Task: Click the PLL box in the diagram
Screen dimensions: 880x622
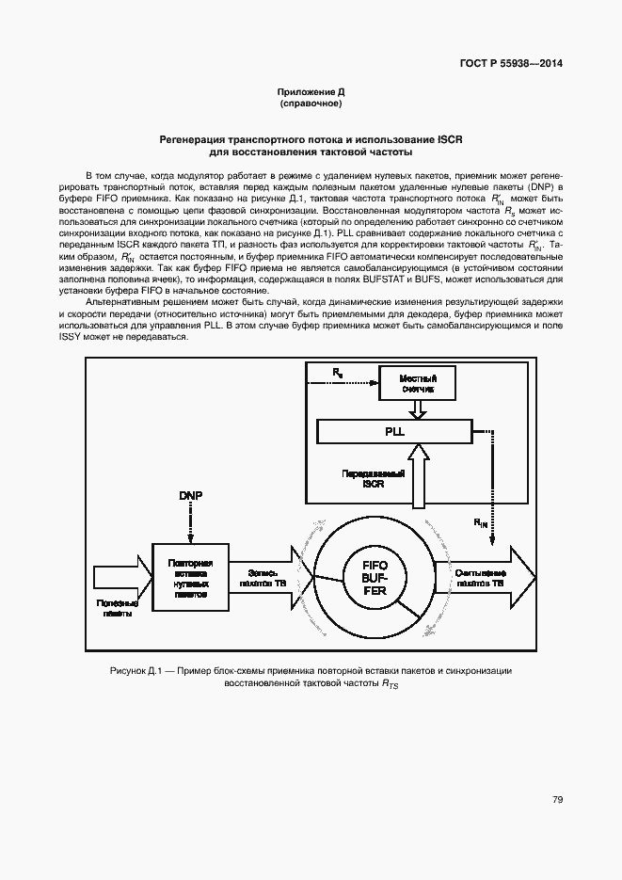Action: point(393,431)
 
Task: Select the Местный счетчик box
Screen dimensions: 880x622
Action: point(415,382)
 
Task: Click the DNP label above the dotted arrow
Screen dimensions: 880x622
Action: point(190,495)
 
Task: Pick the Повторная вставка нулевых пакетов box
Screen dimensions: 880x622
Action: point(189,576)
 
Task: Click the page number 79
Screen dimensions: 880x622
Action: point(557,800)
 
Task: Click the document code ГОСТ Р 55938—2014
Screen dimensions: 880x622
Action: point(503,65)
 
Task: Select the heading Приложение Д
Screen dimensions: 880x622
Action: point(311,91)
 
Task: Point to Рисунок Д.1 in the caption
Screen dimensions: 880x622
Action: point(137,671)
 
